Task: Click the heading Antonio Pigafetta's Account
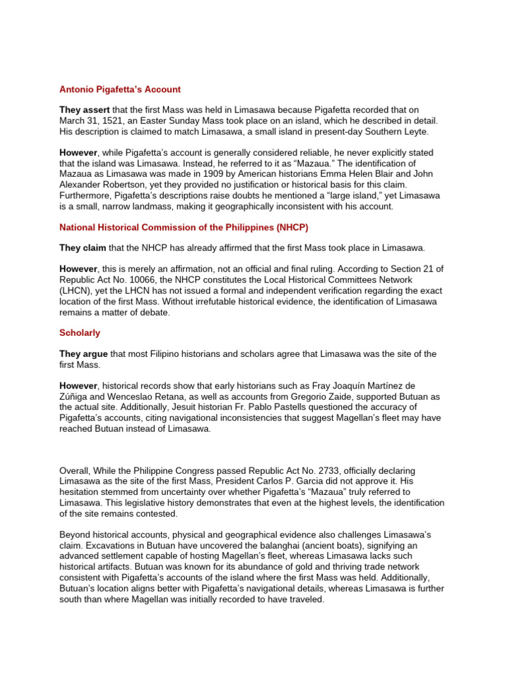tap(120, 89)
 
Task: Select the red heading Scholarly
tap(80, 333)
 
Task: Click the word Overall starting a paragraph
tap(77, 471)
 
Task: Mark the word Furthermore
tap(86, 196)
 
